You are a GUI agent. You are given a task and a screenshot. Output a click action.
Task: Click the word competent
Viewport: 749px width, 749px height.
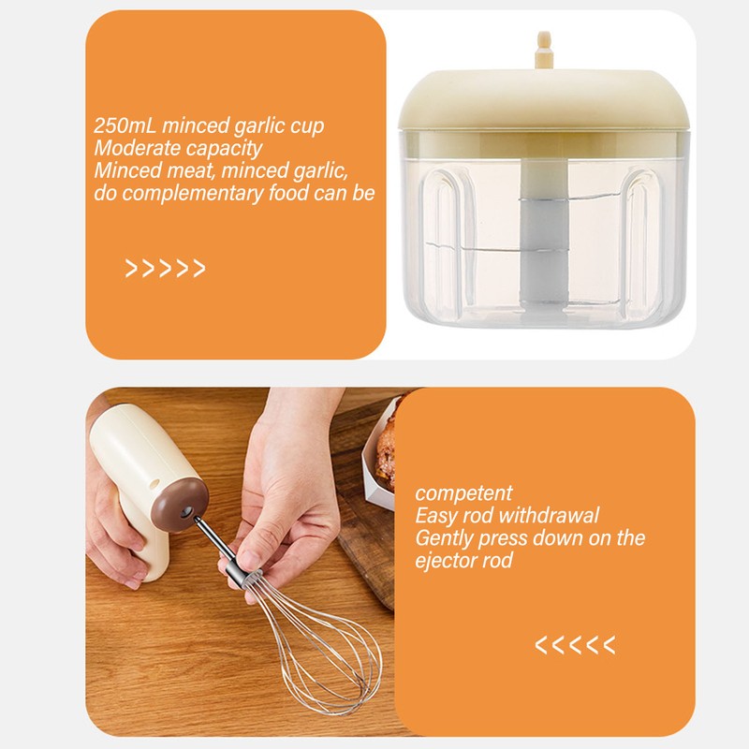pyautogui.click(x=464, y=493)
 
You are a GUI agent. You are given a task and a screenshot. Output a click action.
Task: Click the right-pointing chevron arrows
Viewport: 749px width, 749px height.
pyautogui.click(x=165, y=270)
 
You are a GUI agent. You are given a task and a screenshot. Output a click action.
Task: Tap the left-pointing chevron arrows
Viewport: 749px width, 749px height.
pyautogui.click(x=575, y=644)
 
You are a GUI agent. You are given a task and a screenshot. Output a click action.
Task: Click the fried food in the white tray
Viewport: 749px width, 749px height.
pyautogui.click(x=387, y=449)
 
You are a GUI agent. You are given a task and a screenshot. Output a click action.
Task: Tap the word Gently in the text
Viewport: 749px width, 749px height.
pyautogui.click(x=445, y=538)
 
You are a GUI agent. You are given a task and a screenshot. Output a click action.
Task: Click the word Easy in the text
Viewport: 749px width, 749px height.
pyautogui.click(x=434, y=516)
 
